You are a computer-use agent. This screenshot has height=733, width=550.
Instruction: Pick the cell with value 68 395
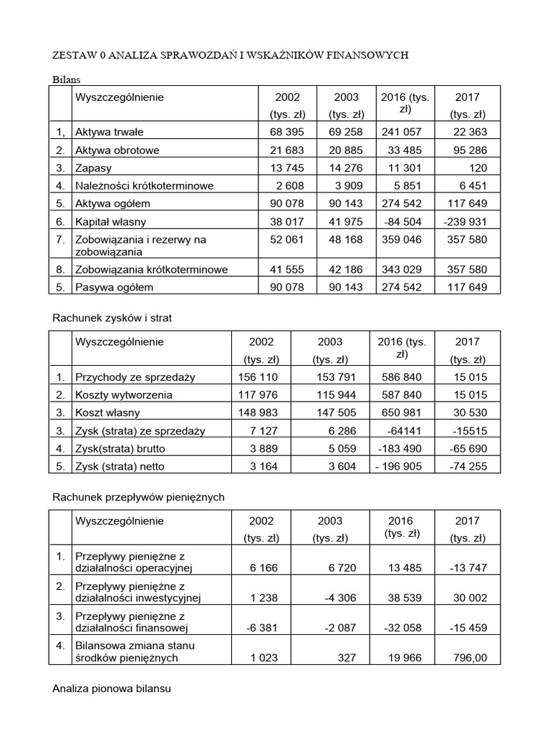coord(286,132)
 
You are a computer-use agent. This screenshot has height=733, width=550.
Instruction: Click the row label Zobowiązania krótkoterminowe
coord(151,270)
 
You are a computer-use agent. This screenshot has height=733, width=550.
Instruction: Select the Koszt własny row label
coord(107,413)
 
